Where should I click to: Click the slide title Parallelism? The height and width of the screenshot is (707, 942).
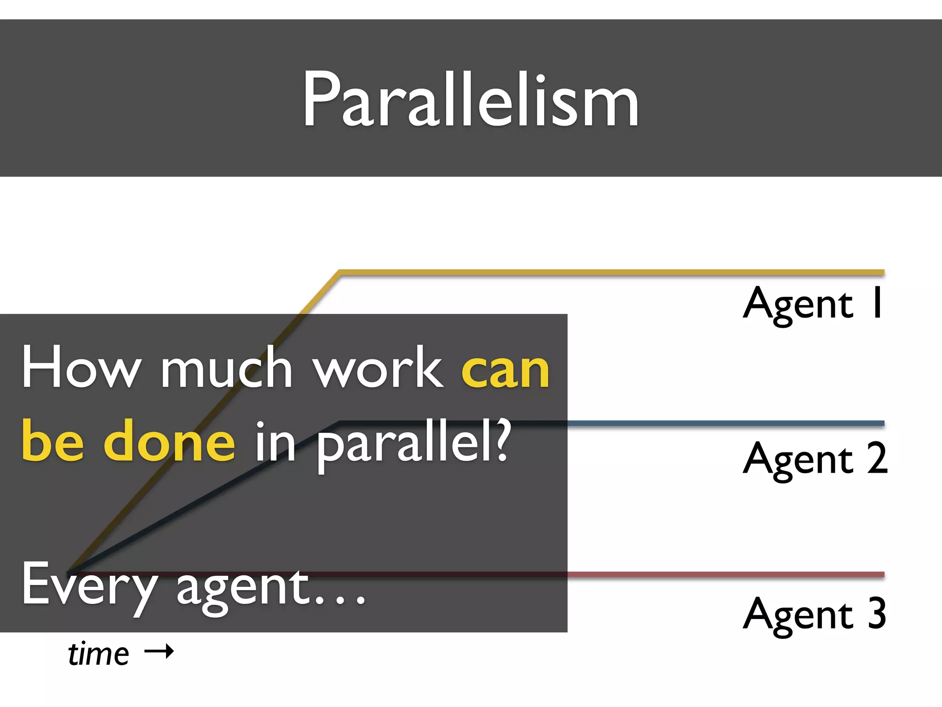click(x=471, y=99)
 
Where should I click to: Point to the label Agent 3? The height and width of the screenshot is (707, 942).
click(x=814, y=614)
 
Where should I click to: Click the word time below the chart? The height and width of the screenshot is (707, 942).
click(x=98, y=654)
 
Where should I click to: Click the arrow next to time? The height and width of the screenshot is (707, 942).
click(x=159, y=651)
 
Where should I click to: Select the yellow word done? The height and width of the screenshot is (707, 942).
click(x=169, y=442)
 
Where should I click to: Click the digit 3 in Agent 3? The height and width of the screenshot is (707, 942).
click(x=877, y=613)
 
